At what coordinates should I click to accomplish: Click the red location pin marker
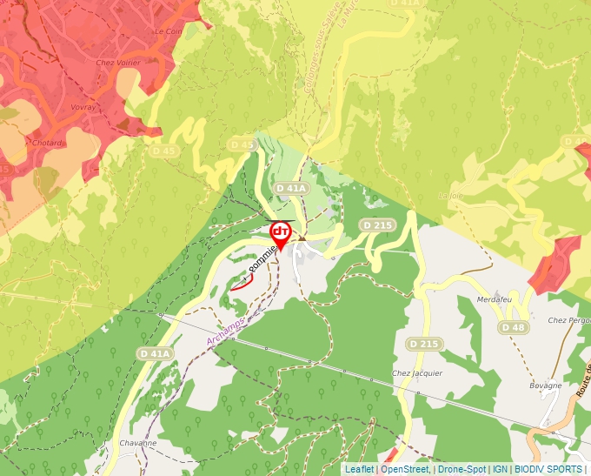pos(281,234)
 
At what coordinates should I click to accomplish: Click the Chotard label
pos(46,143)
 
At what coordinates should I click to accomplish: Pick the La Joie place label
pos(451,195)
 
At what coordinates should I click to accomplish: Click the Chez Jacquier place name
pos(417,373)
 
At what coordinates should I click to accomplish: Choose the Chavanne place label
pos(138,443)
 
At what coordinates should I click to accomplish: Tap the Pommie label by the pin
pos(263,258)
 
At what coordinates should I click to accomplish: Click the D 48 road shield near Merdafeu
pos(513,327)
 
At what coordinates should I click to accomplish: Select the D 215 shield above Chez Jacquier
pos(423,345)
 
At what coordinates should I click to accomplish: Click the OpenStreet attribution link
pos(405,469)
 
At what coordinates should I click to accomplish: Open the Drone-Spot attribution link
pos(462,469)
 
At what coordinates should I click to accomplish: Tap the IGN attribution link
pos(501,469)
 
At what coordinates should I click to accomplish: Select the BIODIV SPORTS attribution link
pos(548,469)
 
